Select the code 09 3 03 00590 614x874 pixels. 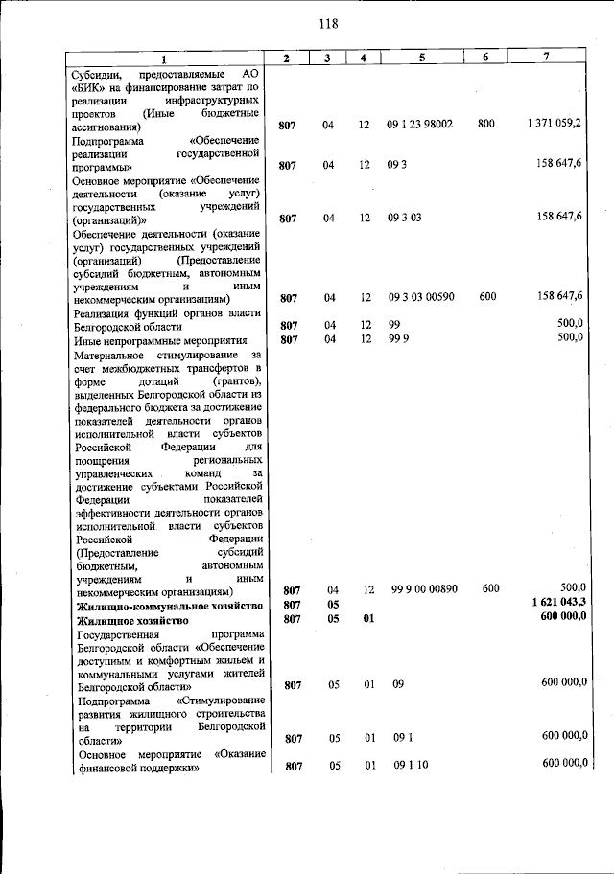click(428, 297)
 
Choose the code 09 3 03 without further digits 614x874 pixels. click(404, 218)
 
